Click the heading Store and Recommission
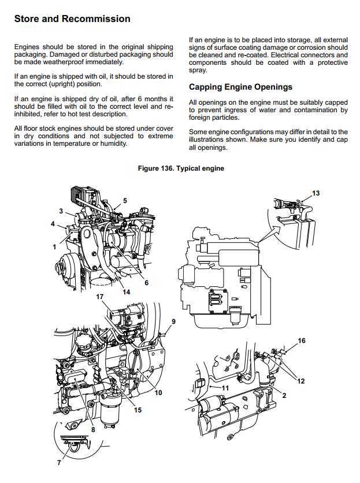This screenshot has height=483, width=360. pos(72,19)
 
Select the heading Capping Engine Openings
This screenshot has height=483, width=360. pos(241,87)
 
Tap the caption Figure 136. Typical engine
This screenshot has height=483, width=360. pos(181,168)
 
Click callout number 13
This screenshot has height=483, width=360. pos(316,192)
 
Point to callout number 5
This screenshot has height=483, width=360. pos(125,200)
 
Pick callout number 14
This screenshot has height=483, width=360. pos(126,292)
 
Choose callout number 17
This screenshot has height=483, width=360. pos(99,296)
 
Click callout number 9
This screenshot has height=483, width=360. pos(173,321)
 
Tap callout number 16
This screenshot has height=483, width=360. pos(301,341)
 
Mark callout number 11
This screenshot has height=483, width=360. pos(225,387)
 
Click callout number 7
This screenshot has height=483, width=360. pos(58,463)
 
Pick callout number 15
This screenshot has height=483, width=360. pos(138,410)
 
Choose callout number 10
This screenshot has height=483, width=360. pos(158,393)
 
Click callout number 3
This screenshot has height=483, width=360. pos(61,211)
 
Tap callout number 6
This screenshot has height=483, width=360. pos(146,283)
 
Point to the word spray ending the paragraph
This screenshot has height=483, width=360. pos(198,69)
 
